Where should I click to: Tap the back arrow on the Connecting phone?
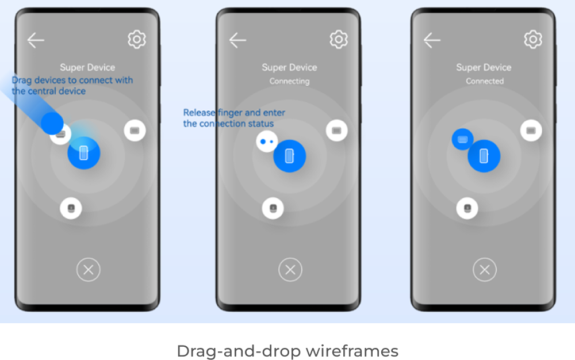click(x=237, y=40)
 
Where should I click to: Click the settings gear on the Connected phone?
click(x=533, y=39)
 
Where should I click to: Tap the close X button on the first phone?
click(x=89, y=270)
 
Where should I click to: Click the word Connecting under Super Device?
click(x=289, y=81)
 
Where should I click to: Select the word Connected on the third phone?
click(x=484, y=81)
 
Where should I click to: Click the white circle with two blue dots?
click(x=267, y=141)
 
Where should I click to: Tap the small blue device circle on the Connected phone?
click(x=462, y=139)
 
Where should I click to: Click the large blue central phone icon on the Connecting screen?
click(x=289, y=156)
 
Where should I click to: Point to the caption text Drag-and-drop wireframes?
click(x=287, y=351)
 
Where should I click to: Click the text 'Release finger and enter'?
click(x=234, y=113)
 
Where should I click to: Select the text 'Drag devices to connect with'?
click(x=72, y=80)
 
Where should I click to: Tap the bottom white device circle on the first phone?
click(x=71, y=208)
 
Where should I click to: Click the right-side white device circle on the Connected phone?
click(x=531, y=130)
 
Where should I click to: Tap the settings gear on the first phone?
click(x=137, y=39)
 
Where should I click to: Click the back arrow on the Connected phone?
click(x=432, y=40)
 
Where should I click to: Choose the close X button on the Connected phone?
click(x=484, y=270)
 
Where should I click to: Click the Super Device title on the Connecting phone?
click(x=289, y=67)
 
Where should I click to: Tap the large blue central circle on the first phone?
click(x=83, y=153)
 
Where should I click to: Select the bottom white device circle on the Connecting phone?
click(x=273, y=208)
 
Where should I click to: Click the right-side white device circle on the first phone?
click(x=135, y=130)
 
